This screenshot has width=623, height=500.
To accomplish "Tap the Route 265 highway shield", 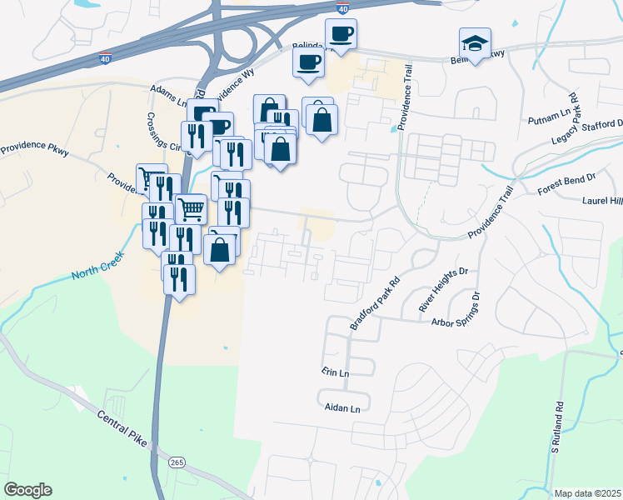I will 176,462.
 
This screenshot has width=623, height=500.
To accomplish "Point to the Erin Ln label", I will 335,371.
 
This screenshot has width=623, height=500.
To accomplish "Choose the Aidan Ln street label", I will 342,408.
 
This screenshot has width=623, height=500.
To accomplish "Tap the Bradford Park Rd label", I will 376,303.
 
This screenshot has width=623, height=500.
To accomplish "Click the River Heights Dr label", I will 445,289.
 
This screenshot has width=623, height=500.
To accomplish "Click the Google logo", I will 27,490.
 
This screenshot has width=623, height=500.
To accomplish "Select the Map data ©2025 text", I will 587,493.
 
